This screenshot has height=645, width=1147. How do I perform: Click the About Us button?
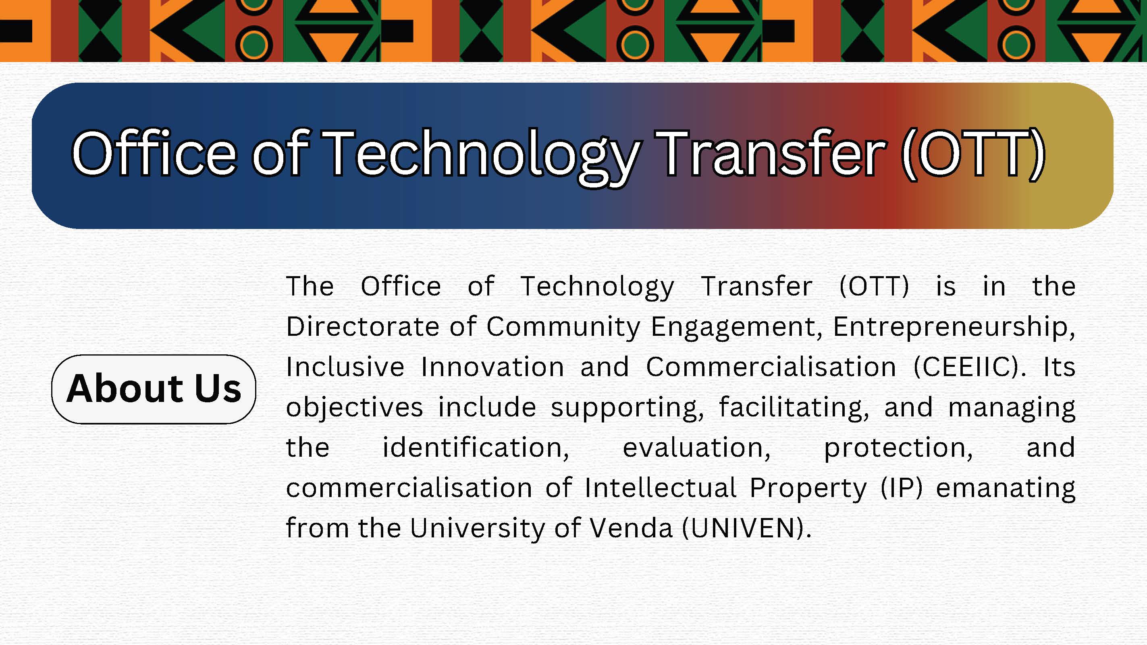154,389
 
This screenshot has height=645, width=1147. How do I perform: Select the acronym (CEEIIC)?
969,368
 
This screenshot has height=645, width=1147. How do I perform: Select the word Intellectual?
660,487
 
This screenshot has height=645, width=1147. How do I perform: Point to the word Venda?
630,528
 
